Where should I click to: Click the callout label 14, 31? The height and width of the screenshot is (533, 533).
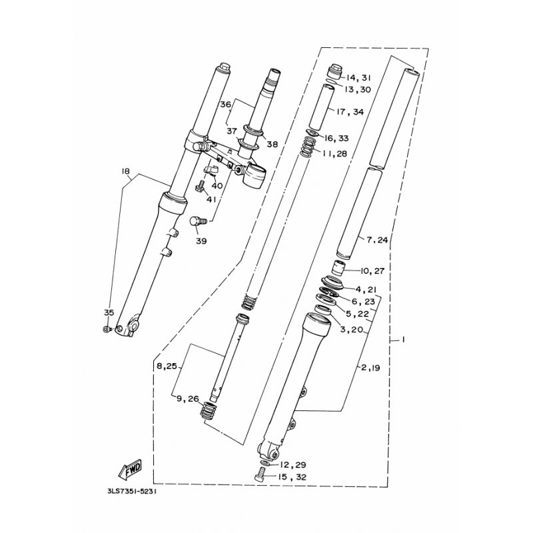pyautogui.click(x=358, y=77)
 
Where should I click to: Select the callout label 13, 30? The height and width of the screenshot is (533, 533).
pyautogui.click(x=358, y=90)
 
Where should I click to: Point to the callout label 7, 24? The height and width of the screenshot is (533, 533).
pyautogui.click(x=376, y=239)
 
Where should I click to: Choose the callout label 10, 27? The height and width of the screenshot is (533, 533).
pyautogui.click(x=373, y=271)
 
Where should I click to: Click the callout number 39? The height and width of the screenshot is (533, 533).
pyautogui.click(x=201, y=242)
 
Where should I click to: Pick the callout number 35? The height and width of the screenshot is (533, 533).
pyautogui.click(x=109, y=312)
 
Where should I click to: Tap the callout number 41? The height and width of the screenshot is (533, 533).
pyautogui.click(x=211, y=199)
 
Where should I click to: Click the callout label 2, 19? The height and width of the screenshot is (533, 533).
pyautogui.click(x=370, y=367)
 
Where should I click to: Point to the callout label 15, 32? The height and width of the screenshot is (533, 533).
pyautogui.click(x=292, y=477)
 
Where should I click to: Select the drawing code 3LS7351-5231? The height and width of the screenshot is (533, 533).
pyautogui.click(x=133, y=494)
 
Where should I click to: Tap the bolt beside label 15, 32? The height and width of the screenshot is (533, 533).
pyautogui.click(x=261, y=475)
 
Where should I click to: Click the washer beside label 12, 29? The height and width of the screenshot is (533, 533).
pyautogui.click(x=265, y=462)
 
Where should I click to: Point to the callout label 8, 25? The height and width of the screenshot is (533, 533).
pyautogui.click(x=166, y=366)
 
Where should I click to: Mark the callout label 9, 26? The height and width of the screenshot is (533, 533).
pyautogui.click(x=187, y=399)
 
